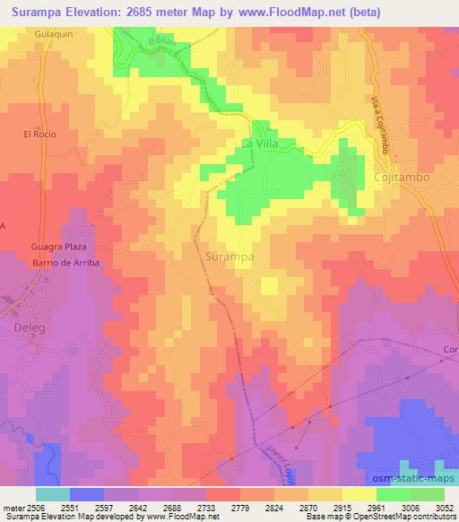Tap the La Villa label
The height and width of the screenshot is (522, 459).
261,144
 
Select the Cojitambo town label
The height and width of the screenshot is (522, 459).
401,178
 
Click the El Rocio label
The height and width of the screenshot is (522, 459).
40,134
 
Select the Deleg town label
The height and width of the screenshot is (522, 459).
29,327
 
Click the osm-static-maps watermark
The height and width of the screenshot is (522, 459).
420,476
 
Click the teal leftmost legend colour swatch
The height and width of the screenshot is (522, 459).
53,494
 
